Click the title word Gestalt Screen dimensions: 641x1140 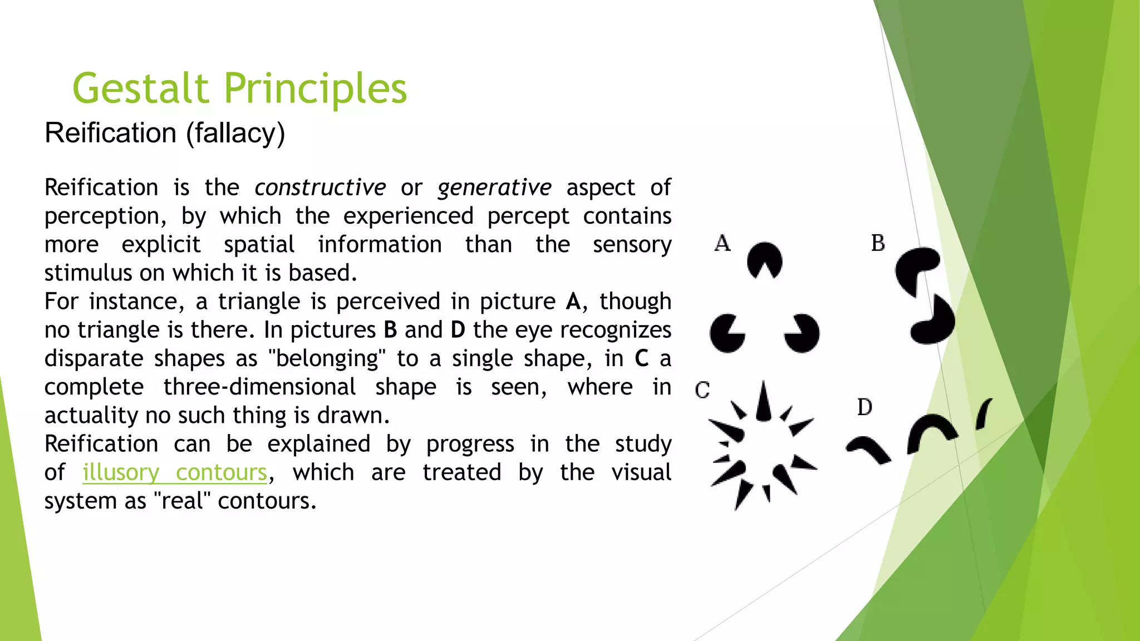(x=140, y=89)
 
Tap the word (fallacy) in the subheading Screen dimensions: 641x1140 (x=235, y=134)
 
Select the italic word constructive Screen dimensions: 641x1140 (x=320, y=188)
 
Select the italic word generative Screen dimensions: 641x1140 (x=494, y=188)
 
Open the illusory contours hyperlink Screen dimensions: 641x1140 (x=175, y=472)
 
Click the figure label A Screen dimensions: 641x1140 (x=722, y=243)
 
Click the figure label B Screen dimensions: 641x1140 (x=878, y=243)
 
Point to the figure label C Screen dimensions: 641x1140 (x=702, y=389)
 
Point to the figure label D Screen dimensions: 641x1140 (x=864, y=407)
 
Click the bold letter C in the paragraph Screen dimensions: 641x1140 (x=641, y=358)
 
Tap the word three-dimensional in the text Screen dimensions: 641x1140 (x=259, y=387)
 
